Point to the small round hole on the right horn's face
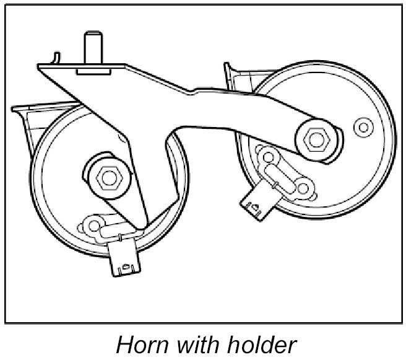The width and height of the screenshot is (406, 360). click(362, 128)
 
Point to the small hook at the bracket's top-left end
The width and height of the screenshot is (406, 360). click(56, 58)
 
